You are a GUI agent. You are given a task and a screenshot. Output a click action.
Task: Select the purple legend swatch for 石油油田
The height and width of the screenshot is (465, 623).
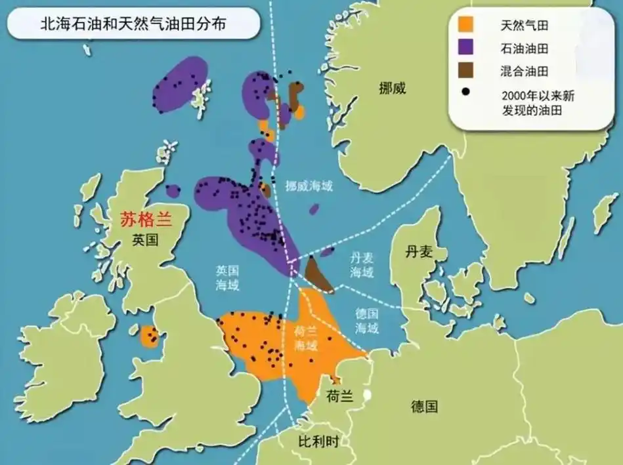(x=467, y=48)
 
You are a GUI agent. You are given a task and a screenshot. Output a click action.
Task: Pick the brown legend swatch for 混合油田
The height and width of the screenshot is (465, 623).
(x=467, y=69)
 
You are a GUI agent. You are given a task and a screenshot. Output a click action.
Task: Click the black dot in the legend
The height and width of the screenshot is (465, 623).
(x=465, y=91)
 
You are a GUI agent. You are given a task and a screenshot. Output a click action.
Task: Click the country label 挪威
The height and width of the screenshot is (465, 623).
(x=392, y=88)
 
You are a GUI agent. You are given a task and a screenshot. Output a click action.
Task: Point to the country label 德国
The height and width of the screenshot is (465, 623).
(x=424, y=407)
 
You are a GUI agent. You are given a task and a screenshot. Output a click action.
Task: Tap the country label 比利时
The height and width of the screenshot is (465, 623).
(x=318, y=441)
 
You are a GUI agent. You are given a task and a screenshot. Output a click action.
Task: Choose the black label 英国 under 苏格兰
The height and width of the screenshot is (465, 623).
(x=145, y=240)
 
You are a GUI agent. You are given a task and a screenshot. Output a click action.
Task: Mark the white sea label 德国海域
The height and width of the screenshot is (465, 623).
(x=367, y=321)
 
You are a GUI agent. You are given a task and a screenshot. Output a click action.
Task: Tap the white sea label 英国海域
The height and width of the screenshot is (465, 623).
(x=228, y=277)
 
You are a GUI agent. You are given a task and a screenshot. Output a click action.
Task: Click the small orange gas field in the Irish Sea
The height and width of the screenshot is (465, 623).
(x=150, y=337)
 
